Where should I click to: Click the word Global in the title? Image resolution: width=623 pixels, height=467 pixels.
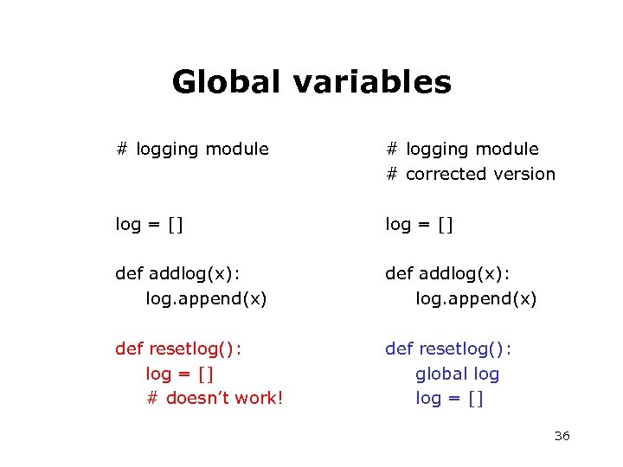(227, 82)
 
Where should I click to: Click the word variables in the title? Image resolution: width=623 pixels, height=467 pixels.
(372, 82)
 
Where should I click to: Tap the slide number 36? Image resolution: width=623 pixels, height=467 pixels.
(562, 436)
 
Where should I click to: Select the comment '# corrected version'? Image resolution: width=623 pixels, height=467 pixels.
(471, 174)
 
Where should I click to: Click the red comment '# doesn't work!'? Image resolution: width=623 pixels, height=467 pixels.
(215, 399)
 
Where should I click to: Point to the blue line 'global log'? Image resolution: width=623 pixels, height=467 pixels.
(457, 374)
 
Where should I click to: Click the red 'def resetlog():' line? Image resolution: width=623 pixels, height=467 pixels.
(178, 349)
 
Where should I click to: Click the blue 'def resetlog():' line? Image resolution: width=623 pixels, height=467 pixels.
(448, 349)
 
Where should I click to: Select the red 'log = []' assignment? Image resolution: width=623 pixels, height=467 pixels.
(180, 374)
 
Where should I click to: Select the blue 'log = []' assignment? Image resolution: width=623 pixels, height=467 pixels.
(449, 399)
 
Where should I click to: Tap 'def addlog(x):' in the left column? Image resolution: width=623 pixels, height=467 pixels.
(177, 274)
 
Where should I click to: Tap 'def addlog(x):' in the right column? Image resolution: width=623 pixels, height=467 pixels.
(447, 274)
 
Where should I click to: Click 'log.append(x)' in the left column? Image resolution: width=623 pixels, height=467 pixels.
(206, 299)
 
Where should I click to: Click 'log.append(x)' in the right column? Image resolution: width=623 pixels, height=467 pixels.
(476, 299)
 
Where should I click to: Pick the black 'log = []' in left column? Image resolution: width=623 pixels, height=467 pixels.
(150, 225)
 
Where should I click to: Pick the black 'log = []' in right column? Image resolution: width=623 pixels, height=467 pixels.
(420, 225)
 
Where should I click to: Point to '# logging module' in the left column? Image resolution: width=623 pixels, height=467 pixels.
(192, 149)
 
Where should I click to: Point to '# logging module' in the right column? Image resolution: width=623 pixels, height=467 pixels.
(462, 149)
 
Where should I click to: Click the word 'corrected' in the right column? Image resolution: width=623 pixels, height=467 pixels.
(445, 174)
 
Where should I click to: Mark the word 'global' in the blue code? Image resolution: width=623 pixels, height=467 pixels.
(440, 374)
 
